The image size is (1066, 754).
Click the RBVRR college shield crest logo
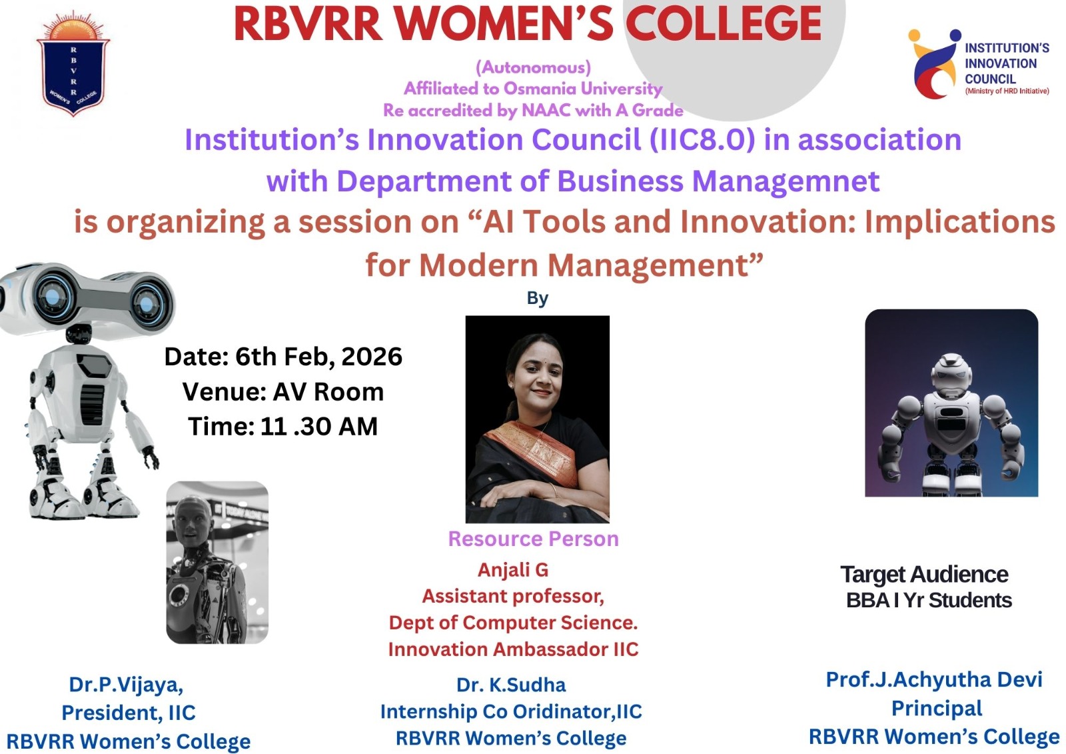73,64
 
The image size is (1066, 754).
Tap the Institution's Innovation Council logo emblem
934,64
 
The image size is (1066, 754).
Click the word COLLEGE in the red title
724,25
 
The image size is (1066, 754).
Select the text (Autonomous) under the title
533,67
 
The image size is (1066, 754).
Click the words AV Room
328,392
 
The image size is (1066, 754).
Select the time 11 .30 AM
319,426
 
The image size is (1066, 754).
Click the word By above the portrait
537,298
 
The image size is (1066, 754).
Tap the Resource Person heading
534,539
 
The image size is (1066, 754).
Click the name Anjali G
513,570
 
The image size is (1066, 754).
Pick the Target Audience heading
924,575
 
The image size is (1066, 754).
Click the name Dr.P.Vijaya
126,685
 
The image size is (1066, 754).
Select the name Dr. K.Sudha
511,685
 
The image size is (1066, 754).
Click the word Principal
937,708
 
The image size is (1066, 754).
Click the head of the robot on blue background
950,375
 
